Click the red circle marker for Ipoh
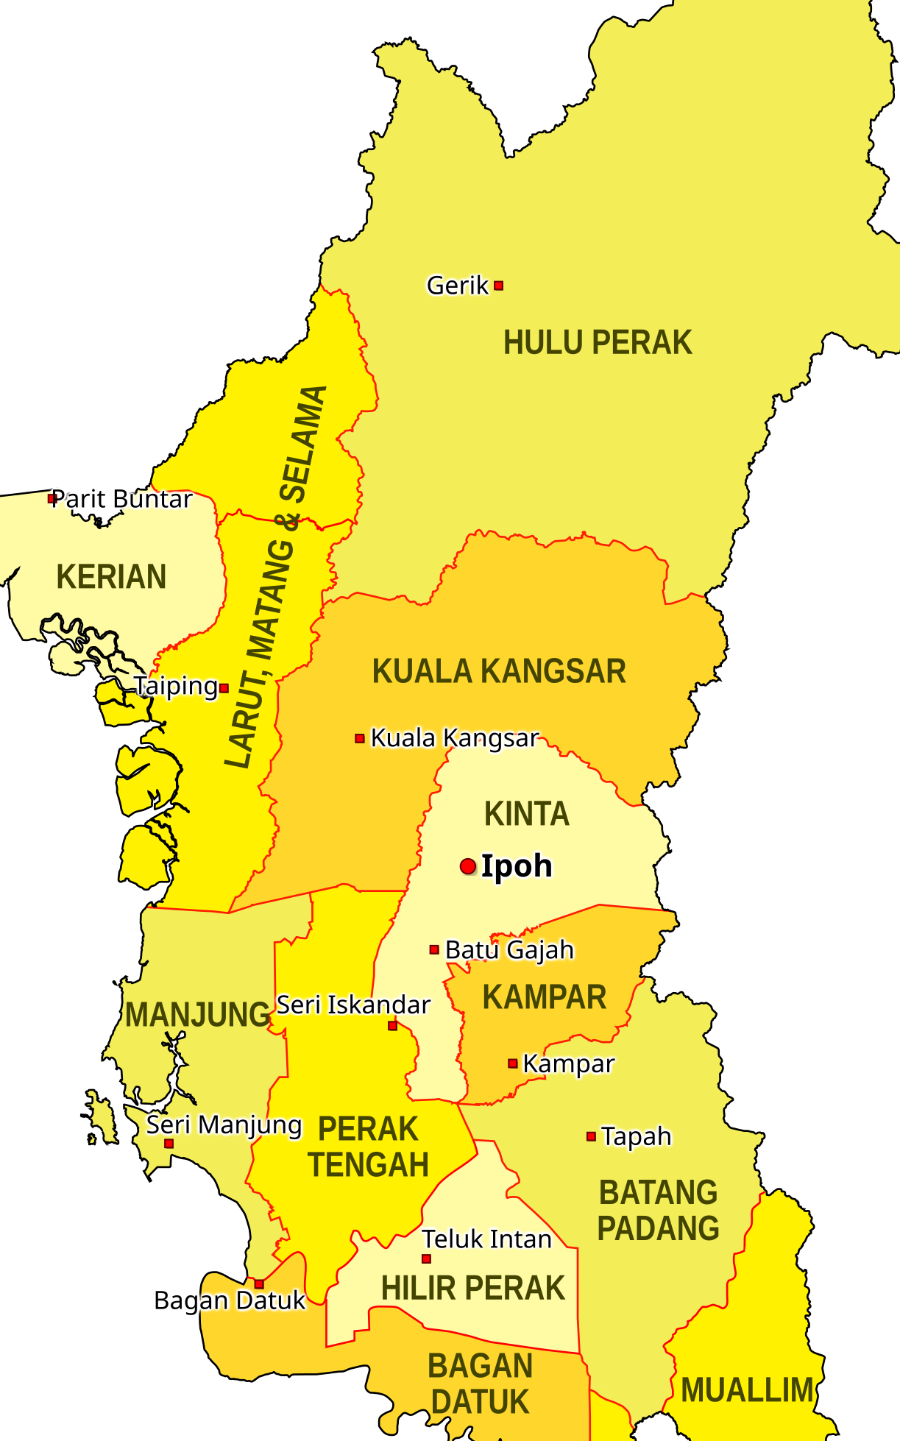[x=468, y=866]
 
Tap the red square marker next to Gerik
[x=498, y=286]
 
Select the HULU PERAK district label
[x=598, y=343]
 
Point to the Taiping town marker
[x=224, y=688]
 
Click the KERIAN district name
[x=111, y=577]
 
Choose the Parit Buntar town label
[x=121, y=499]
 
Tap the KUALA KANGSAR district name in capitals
[x=499, y=671]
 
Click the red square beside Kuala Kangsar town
[x=360, y=738]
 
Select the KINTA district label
[x=527, y=814]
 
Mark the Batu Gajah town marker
[x=434, y=949]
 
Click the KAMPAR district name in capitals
[x=545, y=997]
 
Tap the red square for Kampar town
[x=512, y=1063]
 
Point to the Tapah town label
[x=636, y=1136]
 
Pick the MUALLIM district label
[x=747, y=1390]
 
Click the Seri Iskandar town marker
[x=392, y=1025]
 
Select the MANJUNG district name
[x=197, y=1015]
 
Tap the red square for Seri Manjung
[x=169, y=1143]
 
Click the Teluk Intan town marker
[x=426, y=1258]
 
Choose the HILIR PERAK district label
[x=472, y=1289]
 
